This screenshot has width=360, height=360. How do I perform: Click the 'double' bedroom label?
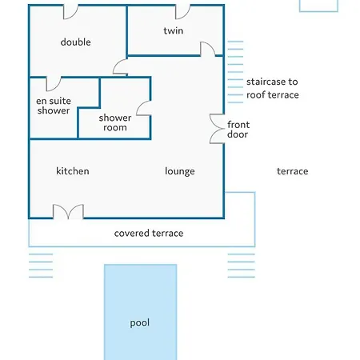75,42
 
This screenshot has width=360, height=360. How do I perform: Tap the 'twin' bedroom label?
174,30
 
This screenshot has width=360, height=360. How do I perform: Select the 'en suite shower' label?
54,106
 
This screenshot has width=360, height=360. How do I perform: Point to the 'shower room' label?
115,122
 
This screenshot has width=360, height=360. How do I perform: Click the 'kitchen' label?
73,171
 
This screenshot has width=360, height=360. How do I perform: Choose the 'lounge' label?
180,171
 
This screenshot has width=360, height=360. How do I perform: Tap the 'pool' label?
140,323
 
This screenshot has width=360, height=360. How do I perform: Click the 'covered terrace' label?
149,233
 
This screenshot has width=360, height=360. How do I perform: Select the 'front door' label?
238,130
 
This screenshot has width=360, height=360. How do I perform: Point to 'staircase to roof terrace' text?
272,88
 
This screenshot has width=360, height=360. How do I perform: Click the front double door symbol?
217,129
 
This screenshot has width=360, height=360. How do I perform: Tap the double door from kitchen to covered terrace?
69,212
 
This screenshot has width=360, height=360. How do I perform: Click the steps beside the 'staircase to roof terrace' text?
235,72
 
